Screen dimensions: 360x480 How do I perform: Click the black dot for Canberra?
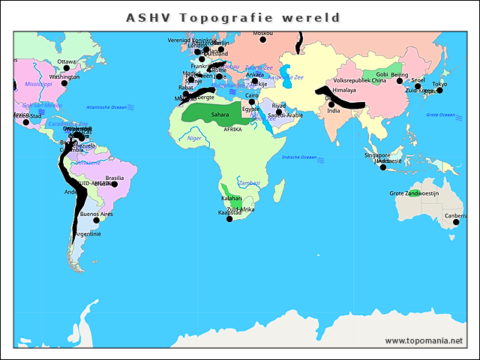coord(456,222)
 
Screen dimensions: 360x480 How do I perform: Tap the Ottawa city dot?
coord(66,67)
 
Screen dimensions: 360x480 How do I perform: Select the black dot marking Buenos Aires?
coord(95,220)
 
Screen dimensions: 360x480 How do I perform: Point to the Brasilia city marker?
coord(114,184)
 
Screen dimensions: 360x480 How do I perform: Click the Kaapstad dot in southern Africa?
coord(229,218)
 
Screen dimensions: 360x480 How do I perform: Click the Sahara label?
coord(220,115)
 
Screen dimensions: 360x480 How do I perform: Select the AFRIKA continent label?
coord(232,129)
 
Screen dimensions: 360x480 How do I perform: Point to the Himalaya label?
coord(344,90)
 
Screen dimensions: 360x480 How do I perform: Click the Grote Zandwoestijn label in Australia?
coord(413,193)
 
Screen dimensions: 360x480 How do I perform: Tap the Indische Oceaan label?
coord(298,157)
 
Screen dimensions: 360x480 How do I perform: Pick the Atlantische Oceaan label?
coord(108,107)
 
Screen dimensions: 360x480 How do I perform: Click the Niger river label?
coord(194,138)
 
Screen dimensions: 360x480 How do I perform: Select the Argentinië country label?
coord(88,234)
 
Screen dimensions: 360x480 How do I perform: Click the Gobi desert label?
coord(382,75)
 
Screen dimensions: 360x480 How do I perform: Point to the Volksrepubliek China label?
coord(359,80)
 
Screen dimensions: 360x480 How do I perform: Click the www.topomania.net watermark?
coord(424,340)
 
